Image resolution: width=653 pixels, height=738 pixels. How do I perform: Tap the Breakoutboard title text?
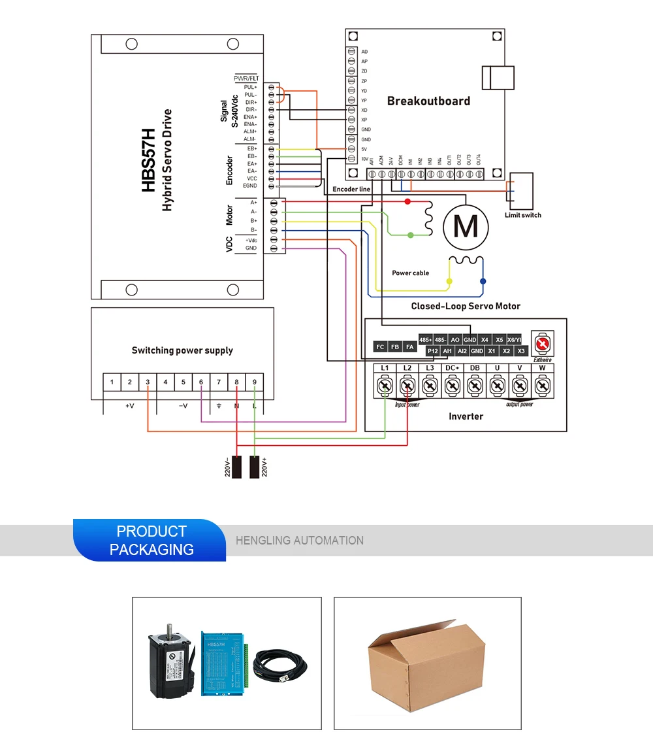[x=428, y=101]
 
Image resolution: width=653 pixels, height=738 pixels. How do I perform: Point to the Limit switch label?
[x=522, y=215]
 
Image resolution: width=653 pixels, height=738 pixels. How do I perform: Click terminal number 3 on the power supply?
[x=148, y=382]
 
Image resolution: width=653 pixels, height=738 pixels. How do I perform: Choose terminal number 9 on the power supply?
[x=254, y=382]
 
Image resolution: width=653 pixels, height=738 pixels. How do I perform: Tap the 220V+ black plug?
[x=255, y=466]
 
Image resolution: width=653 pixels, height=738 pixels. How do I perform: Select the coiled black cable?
[x=284, y=663]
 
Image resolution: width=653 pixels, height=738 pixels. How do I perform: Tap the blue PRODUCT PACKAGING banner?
[x=151, y=540]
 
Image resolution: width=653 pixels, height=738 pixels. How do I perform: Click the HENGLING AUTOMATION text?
[x=300, y=541]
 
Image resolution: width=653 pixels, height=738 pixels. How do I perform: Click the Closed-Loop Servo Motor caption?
[x=466, y=306]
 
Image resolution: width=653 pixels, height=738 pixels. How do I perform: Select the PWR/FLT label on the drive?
[x=246, y=78]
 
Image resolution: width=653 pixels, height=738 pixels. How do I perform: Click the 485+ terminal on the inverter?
[x=426, y=340]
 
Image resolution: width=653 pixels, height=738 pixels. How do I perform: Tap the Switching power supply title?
[x=182, y=350]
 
